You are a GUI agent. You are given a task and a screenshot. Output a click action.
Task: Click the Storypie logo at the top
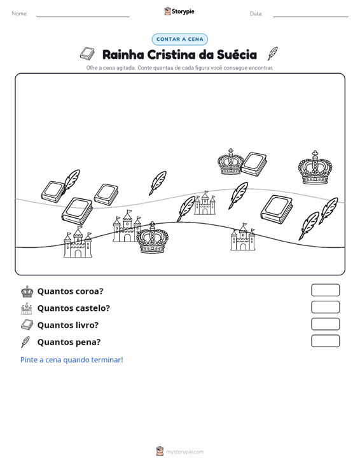tap(179, 11)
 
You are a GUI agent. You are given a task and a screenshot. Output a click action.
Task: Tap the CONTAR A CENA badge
tap(179, 39)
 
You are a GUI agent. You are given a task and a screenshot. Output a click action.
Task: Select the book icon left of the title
tap(87, 53)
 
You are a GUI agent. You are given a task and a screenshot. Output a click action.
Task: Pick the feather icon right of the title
tap(272, 53)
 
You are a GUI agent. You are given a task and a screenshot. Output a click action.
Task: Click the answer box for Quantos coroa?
tap(325, 290)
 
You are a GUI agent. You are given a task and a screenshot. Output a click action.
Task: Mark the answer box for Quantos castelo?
tap(325, 307)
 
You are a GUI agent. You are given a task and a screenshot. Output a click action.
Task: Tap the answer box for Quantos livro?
tap(325, 324)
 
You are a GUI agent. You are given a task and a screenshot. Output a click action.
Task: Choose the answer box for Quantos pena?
tap(325, 341)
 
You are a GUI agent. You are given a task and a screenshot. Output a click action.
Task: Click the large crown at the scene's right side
tap(315, 168)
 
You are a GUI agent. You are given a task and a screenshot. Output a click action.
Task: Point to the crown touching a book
tap(230, 162)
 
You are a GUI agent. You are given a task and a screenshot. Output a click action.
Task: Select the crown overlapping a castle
tap(153, 238)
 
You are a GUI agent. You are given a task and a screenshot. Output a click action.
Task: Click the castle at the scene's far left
tap(78, 242)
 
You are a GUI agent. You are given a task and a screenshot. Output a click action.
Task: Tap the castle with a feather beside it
tap(205, 203)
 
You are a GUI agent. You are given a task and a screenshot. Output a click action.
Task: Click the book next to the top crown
tap(254, 165)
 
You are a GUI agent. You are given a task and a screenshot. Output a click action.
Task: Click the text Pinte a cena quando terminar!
tap(72, 360)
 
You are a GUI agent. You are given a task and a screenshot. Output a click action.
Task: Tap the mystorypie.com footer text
tap(184, 452)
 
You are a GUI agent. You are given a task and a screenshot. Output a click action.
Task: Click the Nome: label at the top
tap(20, 14)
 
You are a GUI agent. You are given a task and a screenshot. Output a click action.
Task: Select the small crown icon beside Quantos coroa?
tap(27, 292)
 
